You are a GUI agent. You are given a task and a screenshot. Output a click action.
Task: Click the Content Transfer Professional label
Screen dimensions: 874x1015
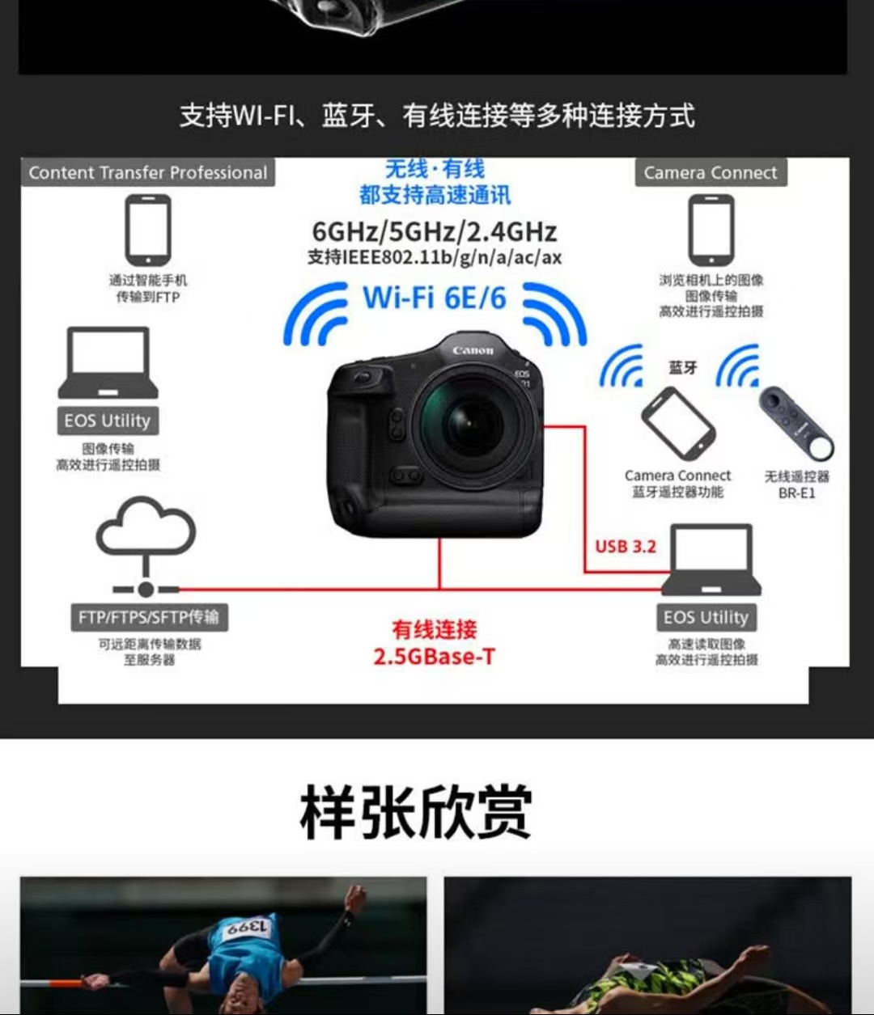point(148,172)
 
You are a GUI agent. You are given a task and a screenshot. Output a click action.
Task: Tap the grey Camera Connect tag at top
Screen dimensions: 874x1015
point(711,172)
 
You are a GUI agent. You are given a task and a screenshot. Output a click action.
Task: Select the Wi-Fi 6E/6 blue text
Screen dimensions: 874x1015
point(435,298)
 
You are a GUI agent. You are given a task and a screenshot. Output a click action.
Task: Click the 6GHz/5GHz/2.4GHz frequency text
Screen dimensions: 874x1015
point(435,231)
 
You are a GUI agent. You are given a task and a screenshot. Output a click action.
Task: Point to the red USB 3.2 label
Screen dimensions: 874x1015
point(626,547)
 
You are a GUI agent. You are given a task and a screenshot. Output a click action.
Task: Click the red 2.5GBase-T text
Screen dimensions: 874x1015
point(435,657)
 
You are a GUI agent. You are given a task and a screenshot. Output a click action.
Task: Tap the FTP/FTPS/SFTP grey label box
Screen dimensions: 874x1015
point(150,617)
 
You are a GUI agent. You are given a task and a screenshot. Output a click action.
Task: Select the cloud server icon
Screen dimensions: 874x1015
point(146,546)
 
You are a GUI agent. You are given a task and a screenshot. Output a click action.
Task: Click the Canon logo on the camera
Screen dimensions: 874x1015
point(473,350)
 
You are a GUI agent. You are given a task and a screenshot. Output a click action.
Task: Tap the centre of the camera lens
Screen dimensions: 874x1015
point(471,423)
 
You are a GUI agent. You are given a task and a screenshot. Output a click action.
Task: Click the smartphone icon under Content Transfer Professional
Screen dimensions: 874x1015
point(148,230)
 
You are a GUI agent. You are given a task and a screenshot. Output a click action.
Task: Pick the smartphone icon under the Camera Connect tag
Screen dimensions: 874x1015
point(711,230)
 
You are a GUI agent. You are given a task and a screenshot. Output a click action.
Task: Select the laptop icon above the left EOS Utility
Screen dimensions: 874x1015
point(108,362)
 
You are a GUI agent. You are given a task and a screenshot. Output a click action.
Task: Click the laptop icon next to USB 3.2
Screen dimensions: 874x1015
point(711,560)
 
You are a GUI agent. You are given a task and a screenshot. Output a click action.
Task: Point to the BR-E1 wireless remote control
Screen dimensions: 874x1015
point(796,422)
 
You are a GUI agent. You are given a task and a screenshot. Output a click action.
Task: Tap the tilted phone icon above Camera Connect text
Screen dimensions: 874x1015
point(678,422)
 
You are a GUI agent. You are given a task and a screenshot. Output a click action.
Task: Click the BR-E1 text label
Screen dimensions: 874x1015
point(796,493)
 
